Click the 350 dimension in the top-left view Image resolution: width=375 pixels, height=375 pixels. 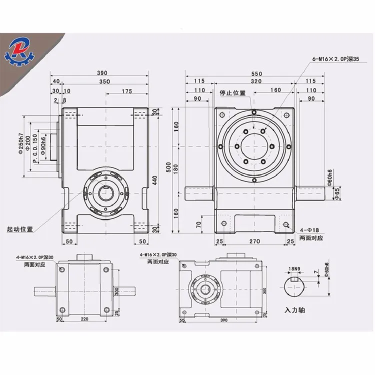(104, 81)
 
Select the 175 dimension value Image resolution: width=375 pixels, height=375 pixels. (126, 91)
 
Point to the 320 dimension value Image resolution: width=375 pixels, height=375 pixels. (256, 81)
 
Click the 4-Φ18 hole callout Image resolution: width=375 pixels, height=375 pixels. (309, 231)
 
